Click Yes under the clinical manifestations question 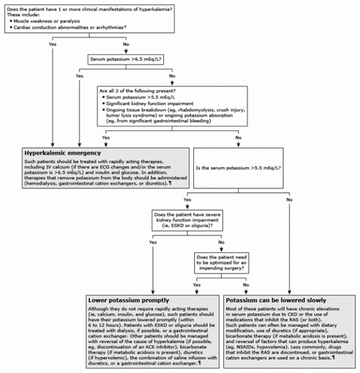[x=53, y=44]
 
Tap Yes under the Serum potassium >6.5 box [x=80, y=76]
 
